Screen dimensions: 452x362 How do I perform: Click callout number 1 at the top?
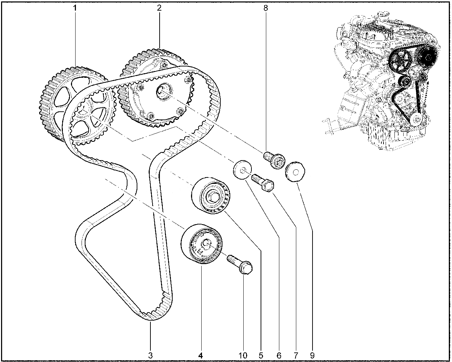(x=75, y=8)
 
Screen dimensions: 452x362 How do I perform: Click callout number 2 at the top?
(x=159, y=8)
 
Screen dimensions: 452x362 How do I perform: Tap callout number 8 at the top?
(x=266, y=8)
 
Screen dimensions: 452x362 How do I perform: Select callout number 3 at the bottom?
(x=150, y=356)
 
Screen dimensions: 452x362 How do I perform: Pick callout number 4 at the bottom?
(x=201, y=356)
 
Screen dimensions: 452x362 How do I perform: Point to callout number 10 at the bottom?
(x=243, y=356)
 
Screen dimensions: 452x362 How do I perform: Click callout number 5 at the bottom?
(x=261, y=356)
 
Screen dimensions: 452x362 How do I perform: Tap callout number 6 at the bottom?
(x=279, y=356)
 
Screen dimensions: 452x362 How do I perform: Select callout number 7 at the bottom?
(x=296, y=356)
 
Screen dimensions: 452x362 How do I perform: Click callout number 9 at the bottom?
(x=312, y=356)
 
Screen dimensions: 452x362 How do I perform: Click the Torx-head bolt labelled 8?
(x=274, y=160)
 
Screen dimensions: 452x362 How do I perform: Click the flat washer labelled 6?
(x=242, y=170)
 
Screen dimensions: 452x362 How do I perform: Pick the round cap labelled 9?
(x=295, y=172)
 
